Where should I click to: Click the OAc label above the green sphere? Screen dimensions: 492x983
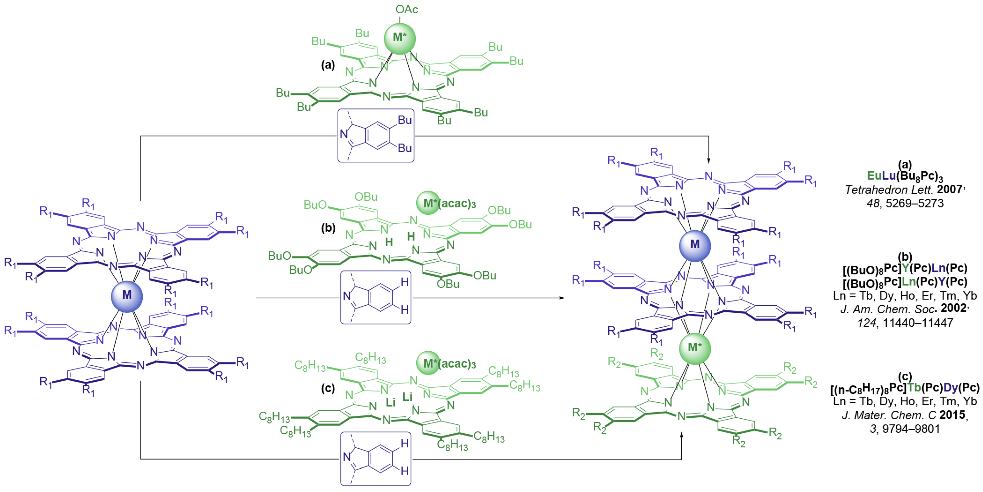click(x=407, y=9)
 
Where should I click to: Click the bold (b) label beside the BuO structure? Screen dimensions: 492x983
click(x=328, y=228)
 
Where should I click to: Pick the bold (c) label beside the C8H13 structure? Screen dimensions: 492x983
click(x=328, y=388)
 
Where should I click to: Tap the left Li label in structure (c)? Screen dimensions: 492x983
click(x=390, y=403)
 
